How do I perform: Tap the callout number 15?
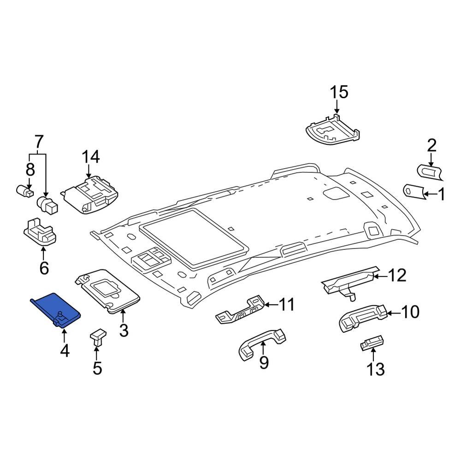pyautogui.click(x=339, y=92)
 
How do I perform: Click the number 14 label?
pyautogui.click(x=90, y=157)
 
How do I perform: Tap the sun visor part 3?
pyautogui.click(x=110, y=292)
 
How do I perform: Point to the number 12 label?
pyautogui.click(x=397, y=276)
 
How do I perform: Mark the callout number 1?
pyautogui.click(x=441, y=195)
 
